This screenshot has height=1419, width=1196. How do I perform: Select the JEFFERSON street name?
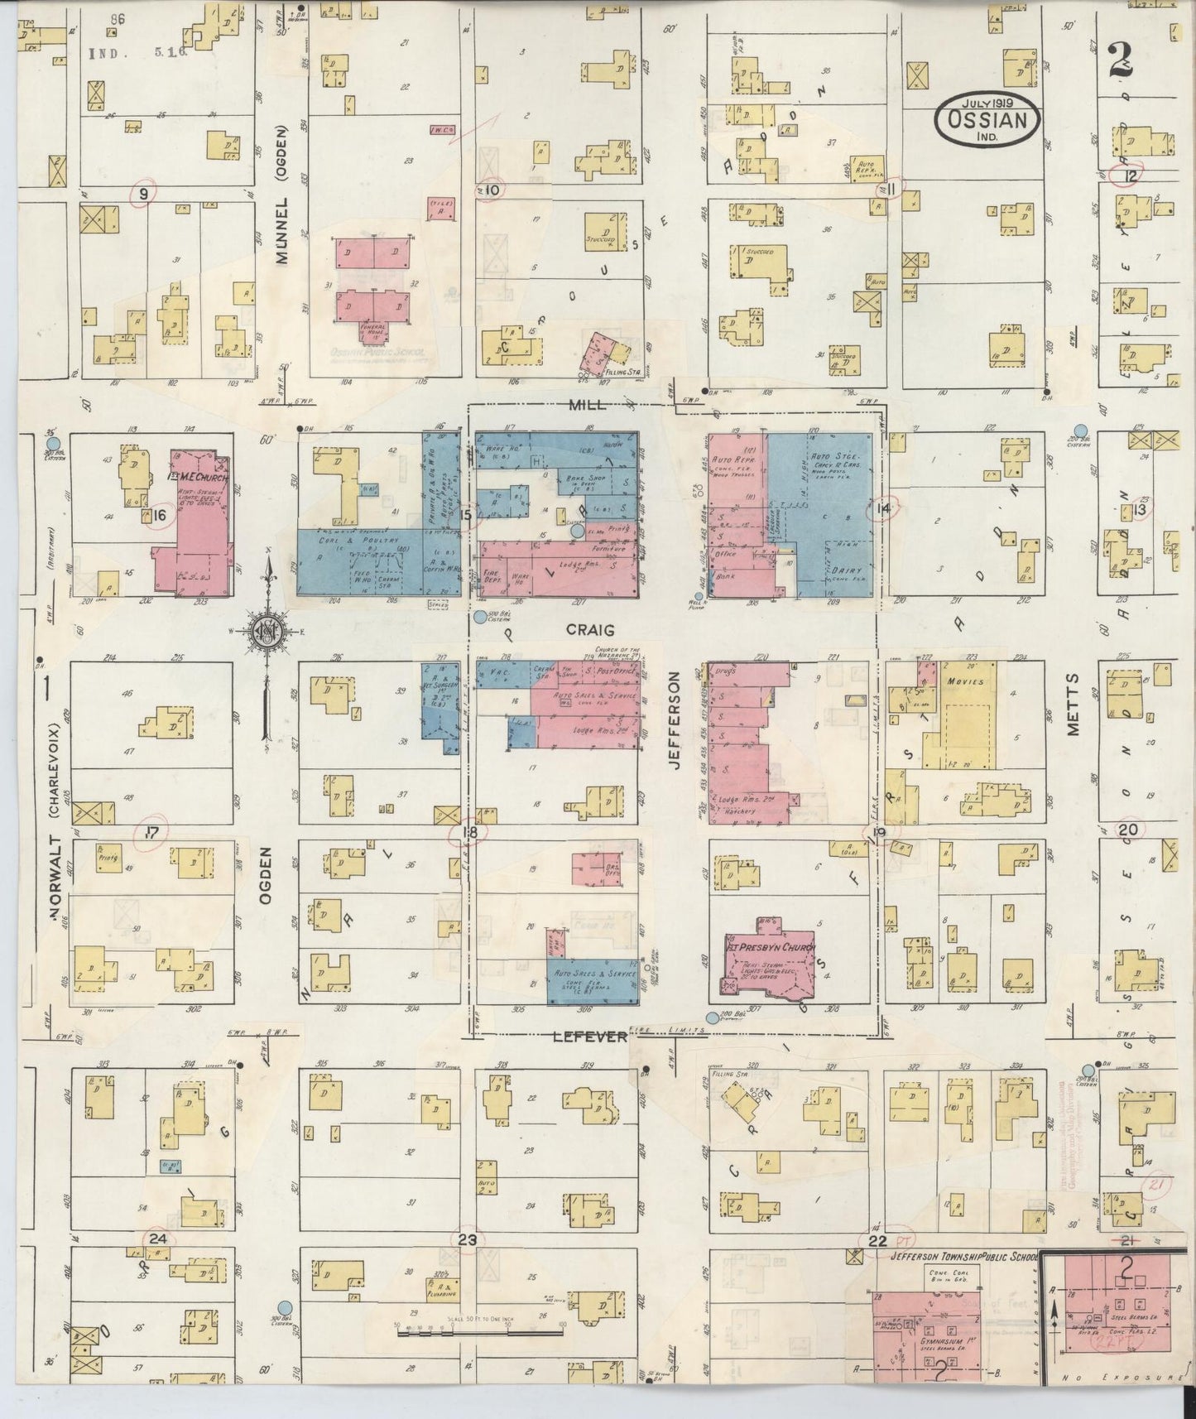[x=674, y=720]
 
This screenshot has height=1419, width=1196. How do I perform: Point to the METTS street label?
[x=1074, y=704]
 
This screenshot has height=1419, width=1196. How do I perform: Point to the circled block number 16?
[x=159, y=515]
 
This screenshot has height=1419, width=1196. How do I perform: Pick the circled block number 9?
[x=145, y=194]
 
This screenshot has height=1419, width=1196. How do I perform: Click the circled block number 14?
[x=882, y=509]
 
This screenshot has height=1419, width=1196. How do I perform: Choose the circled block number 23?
[x=468, y=1239]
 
